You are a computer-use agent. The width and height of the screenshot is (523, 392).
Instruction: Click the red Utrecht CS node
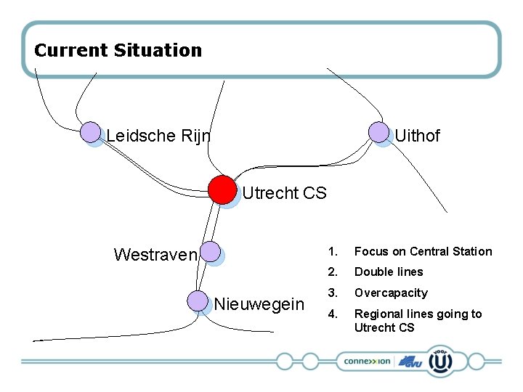pyautogui.click(x=222, y=189)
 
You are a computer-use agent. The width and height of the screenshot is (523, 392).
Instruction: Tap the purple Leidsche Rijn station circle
pyautogui.click(x=91, y=132)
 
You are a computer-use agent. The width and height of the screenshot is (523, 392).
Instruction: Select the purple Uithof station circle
pyautogui.click(x=378, y=132)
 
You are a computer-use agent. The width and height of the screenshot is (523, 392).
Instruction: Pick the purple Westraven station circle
pyautogui.click(x=210, y=252)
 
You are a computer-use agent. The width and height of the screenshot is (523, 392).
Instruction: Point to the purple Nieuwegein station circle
pyautogui.click(x=198, y=301)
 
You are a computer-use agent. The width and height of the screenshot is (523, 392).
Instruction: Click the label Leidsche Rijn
pyautogui.click(x=158, y=136)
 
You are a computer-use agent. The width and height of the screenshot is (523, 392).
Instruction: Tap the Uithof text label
pyautogui.click(x=417, y=136)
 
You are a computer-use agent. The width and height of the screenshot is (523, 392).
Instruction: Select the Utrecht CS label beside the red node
pyautogui.click(x=284, y=193)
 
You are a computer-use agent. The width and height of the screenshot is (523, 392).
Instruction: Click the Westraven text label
pyautogui.click(x=155, y=255)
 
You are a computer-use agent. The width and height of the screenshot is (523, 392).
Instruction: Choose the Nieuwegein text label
pyautogui.click(x=259, y=304)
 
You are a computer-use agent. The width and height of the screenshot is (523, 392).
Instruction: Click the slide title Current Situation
pyautogui.click(x=118, y=51)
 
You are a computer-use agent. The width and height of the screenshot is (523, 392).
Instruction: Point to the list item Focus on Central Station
pyautogui.click(x=423, y=252)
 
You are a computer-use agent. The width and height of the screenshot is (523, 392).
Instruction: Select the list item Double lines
pyautogui.click(x=388, y=272)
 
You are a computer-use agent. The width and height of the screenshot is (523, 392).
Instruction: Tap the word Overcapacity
pyautogui.click(x=391, y=293)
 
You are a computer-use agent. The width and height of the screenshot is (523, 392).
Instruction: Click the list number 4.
pyautogui.click(x=332, y=314)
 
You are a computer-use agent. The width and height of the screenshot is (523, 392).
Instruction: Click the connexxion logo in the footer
pyautogui.click(x=367, y=361)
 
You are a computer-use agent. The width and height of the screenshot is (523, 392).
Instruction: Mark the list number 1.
pyautogui.click(x=332, y=252)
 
